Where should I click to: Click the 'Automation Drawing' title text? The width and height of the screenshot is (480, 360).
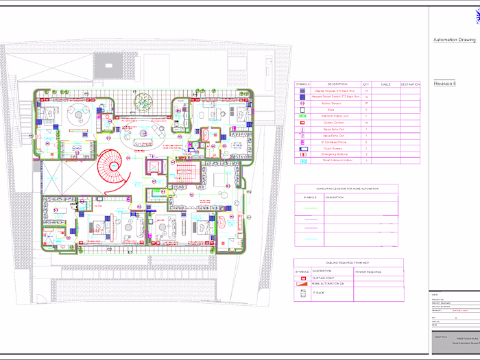click(453, 40)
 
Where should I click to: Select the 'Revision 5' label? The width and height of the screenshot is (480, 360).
click(445, 82)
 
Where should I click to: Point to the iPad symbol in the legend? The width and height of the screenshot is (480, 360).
click(304, 110)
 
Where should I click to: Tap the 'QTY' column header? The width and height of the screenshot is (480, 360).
click(366, 84)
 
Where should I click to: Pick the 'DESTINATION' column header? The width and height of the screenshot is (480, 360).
click(410, 84)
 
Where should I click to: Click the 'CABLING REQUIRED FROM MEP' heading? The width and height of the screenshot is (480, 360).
click(348, 262)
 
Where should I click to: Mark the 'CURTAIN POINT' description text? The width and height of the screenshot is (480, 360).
click(323, 277)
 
